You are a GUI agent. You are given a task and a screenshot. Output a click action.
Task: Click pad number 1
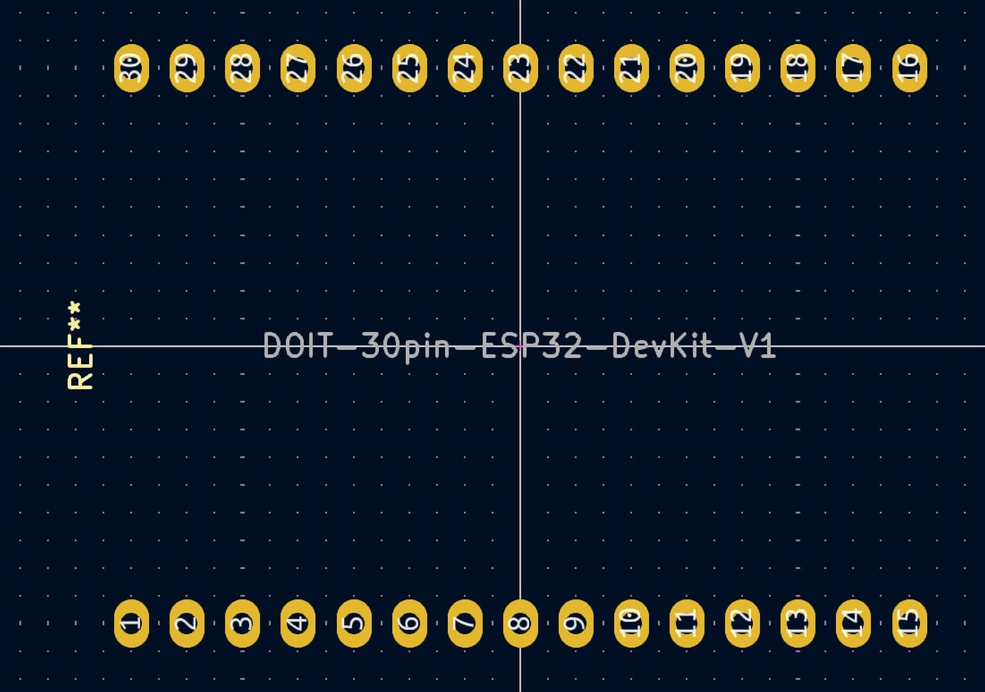[x=132, y=623]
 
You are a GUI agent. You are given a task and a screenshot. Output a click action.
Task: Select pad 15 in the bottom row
[x=909, y=623]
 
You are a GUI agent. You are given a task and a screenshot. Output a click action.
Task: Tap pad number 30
[x=132, y=68]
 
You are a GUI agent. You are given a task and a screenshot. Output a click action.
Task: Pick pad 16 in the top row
[x=909, y=68]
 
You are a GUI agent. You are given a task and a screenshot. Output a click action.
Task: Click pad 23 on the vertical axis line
[x=520, y=68]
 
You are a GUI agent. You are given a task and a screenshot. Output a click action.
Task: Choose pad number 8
[x=520, y=623]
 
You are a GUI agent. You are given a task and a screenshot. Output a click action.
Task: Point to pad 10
[x=631, y=623]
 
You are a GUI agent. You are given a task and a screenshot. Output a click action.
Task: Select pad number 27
[x=298, y=68]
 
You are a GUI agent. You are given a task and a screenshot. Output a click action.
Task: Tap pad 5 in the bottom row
[x=354, y=623]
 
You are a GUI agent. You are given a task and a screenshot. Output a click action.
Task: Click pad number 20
[x=687, y=68]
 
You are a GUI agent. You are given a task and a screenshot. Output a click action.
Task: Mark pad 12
[x=742, y=623]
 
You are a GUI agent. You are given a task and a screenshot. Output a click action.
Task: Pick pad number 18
[x=798, y=68]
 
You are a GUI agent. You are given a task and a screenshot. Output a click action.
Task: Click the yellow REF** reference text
[x=80, y=345]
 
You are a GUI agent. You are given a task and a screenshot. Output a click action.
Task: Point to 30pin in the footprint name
[x=405, y=348]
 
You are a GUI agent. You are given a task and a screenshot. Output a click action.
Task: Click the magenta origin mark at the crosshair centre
[x=520, y=346]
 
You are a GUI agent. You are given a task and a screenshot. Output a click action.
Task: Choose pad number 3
[x=243, y=623]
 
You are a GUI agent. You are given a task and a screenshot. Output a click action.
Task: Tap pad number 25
[x=409, y=68]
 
